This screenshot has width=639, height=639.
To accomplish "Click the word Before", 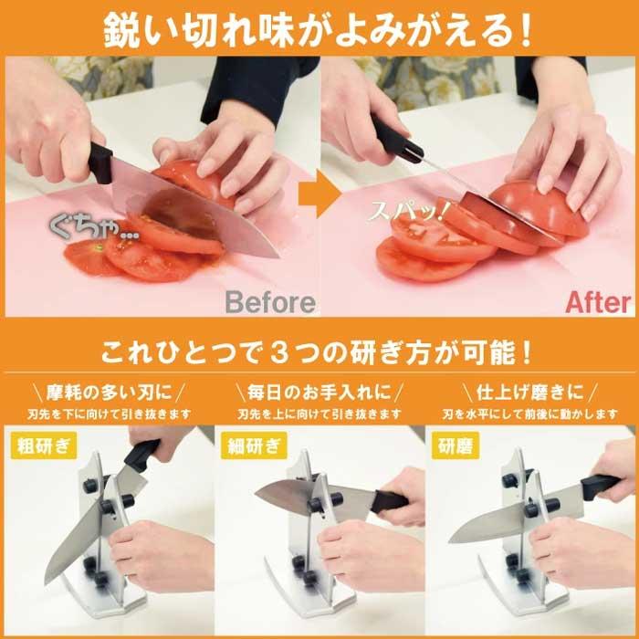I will pyautogui.click(x=270, y=302).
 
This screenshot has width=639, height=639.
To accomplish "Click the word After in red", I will pyautogui.click(x=598, y=302).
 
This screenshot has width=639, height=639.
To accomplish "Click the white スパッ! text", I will pyautogui.click(x=406, y=213).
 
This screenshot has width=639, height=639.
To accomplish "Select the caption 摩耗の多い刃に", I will pyautogui.click(x=108, y=393).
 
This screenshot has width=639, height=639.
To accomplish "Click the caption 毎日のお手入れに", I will pyautogui.click(x=319, y=393).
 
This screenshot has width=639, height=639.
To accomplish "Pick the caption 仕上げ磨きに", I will pyautogui.click(x=529, y=393).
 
